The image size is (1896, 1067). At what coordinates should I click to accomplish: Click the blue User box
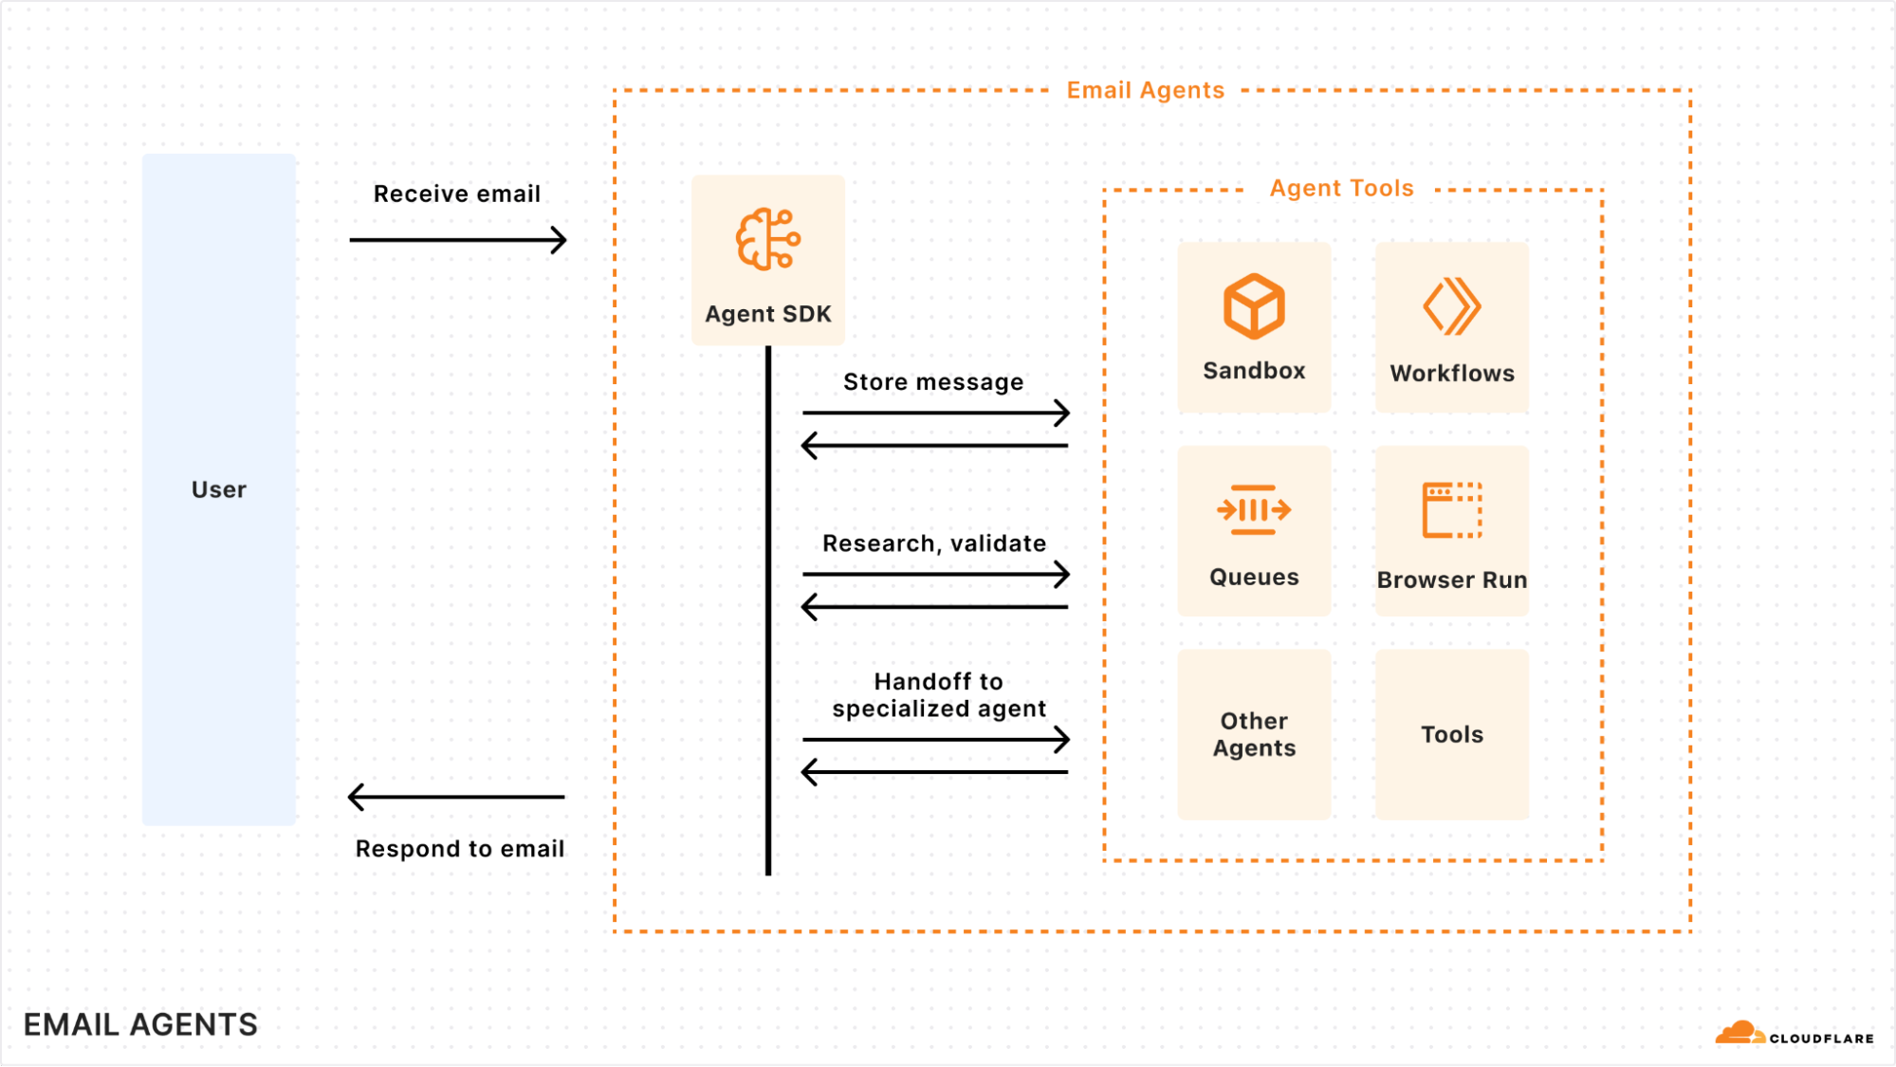tap(219, 489)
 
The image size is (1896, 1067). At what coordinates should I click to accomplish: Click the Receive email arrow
tap(457, 240)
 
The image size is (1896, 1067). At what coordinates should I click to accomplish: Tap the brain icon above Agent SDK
tap(768, 239)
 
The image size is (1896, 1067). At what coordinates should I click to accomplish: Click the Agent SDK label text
tap(768, 314)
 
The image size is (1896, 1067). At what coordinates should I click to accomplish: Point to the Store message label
tap(933, 382)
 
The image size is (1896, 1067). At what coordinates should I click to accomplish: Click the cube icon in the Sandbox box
tap(1254, 306)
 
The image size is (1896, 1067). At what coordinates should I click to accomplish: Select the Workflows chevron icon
tap(1451, 306)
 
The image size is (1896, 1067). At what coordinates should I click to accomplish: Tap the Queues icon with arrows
tap(1254, 510)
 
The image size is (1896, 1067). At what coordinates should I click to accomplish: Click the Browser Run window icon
tap(1451, 510)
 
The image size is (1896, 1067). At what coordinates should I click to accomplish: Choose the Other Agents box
tap(1254, 734)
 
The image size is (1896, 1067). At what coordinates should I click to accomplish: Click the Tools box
tap(1451, 734)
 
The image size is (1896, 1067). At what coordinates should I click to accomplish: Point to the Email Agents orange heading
tap(1145, 90)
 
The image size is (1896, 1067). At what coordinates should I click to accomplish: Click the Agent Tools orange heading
tap(1341, 189)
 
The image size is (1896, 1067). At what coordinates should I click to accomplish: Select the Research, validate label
tap(934, 543)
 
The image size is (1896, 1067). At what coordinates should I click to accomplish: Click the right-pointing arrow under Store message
tap(935, 413)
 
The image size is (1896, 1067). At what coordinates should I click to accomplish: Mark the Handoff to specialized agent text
tap(938, 695)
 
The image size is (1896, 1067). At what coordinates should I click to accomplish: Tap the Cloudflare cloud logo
tap(1739, 1033)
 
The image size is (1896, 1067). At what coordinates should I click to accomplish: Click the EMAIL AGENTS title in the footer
tap(140, 1024)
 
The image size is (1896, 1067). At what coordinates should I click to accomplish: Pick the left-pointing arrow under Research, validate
tap(935, 607)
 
